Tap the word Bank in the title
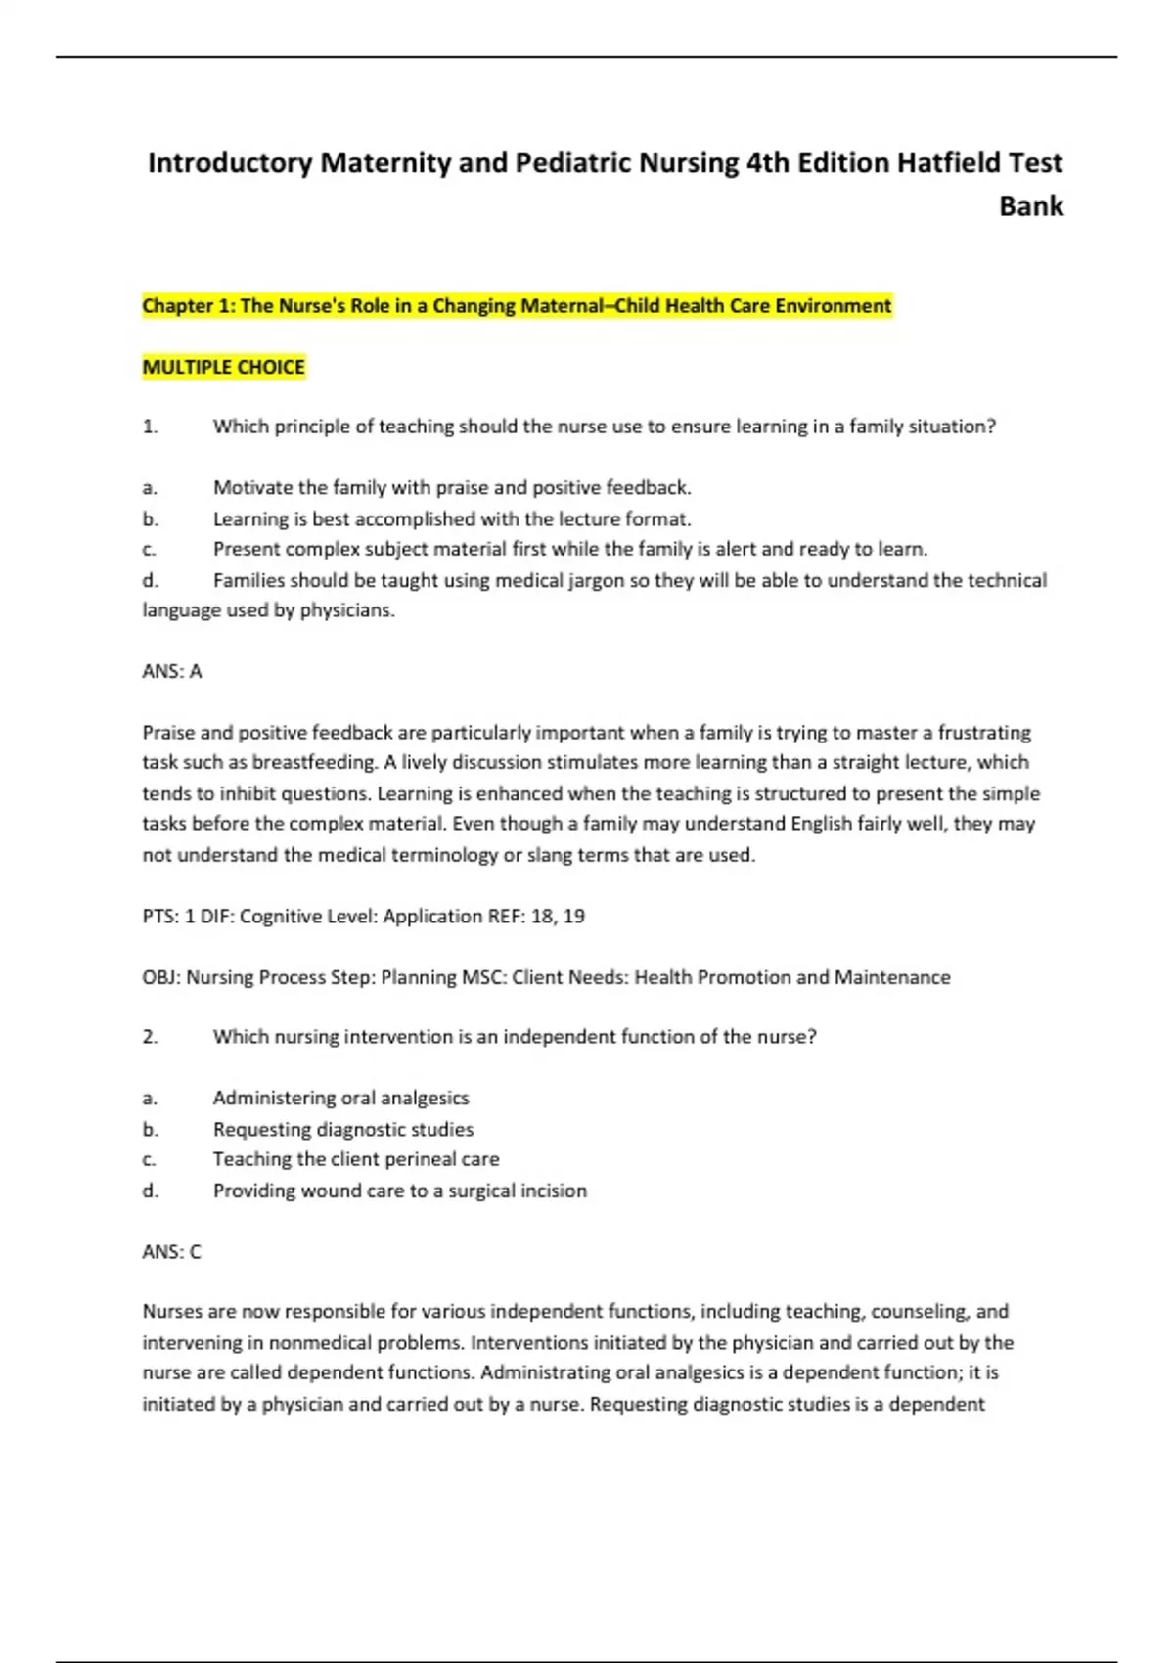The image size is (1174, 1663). (1030, 206)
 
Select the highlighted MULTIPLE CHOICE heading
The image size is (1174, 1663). (224, 367)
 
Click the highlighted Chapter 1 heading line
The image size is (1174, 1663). (517, 306)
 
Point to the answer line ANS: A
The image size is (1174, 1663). (172, 671)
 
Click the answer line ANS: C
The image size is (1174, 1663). (172, 1251)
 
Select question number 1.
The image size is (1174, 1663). (150, 427)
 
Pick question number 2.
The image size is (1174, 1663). (150, 1037)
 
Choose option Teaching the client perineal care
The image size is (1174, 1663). (356, 1159)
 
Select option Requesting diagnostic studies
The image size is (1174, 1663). (343, 1129)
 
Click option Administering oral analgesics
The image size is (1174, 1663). (341, 1098)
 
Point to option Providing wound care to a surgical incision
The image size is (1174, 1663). (400, 1191)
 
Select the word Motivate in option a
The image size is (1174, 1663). (253, 487)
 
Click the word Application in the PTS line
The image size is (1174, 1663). (432, 917)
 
